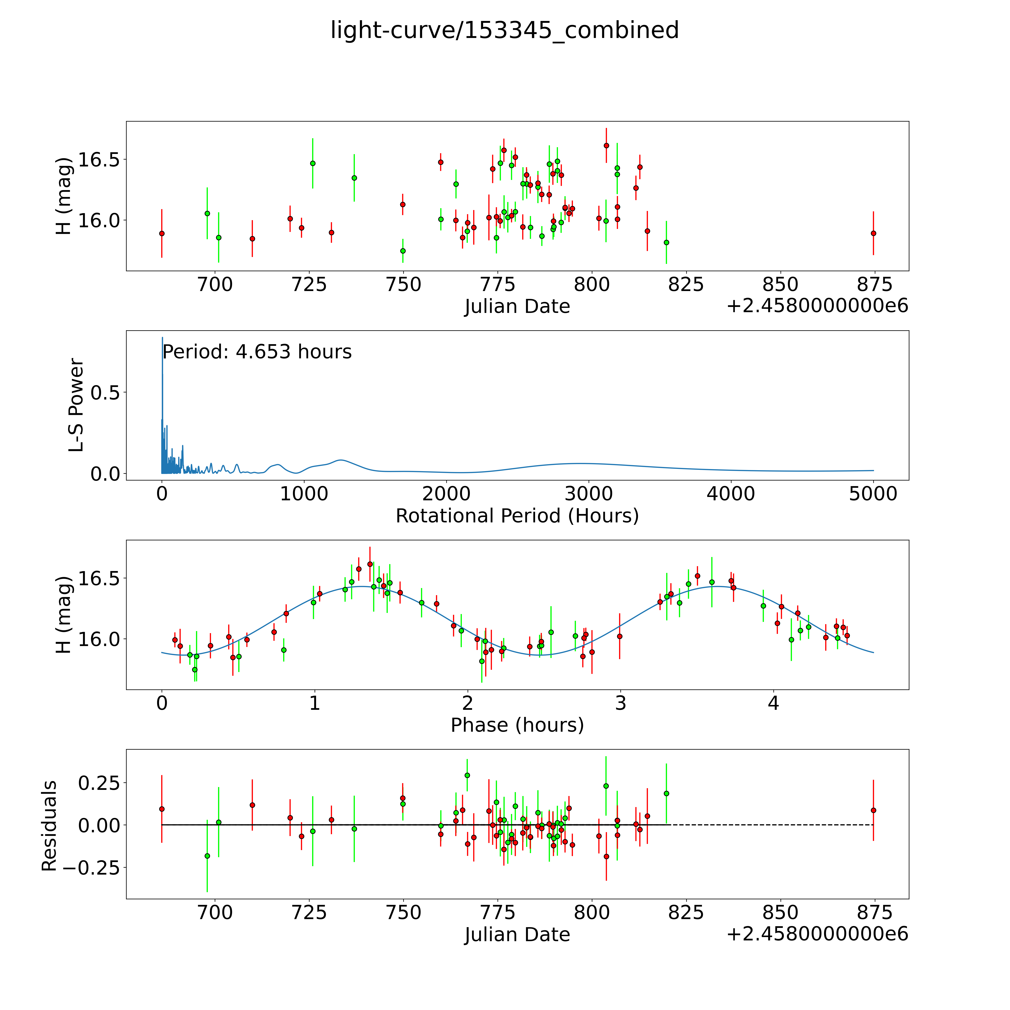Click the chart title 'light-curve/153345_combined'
(x=504, y=30)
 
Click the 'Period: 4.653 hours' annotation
(x=257, y=352)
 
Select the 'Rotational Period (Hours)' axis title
(x=517, y=516)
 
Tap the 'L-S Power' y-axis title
(x=76, y=405)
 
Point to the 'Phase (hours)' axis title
(x=517, y=725)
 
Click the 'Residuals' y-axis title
(x=49, y=826)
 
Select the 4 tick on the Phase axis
(x=773, y=703)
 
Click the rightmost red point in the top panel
(x=873, y=233)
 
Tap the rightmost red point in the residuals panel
(x=873, y=810)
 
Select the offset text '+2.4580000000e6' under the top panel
(x=817, y=306)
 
